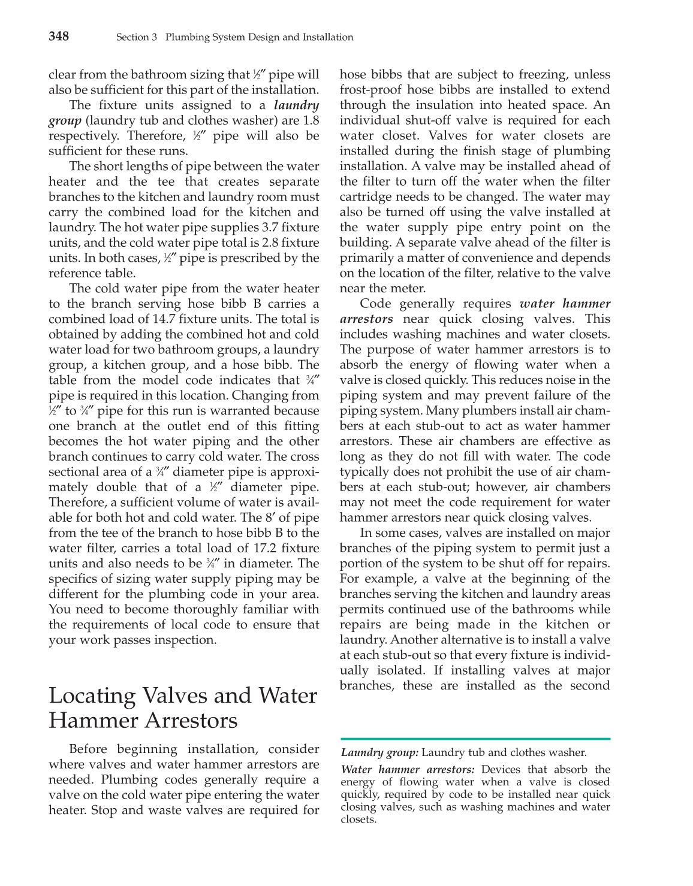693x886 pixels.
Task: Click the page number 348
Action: tap(59, 37)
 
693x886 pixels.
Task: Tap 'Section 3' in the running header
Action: tap(136, 37)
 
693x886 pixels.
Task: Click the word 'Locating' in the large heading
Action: tap(91, 696)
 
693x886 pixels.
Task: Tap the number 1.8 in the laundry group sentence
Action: tap(310, 120)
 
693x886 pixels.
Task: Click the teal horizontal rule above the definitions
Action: tap(475, 739)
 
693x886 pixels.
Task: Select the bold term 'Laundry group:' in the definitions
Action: tap(379, 753)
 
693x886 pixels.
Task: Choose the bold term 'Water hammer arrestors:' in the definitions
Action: tap(408, 770)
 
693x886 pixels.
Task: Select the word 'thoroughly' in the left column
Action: tap(220, 609)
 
